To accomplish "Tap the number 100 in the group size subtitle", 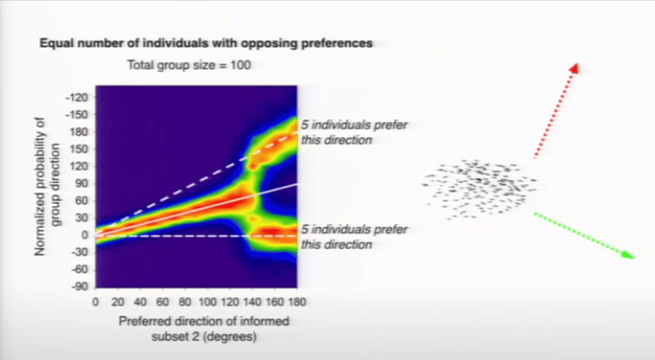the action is click(x=241, y=65).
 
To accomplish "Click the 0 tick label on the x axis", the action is click(x=96, y=302).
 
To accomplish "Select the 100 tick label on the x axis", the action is click(x=207, y=302).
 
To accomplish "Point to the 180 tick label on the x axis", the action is click(x=297, y=302).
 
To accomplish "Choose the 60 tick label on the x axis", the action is click(x=162, y=302).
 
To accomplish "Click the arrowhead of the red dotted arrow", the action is click(x=575, y=68).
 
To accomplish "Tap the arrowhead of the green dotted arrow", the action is click(x=629, y=254).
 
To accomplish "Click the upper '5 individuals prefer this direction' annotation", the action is click(x=354, y=132).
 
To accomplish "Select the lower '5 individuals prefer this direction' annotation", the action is click(x=354, y=236).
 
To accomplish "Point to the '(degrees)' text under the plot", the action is click(x=231, y=337).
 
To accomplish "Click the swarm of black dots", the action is click(x=479, y=189).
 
